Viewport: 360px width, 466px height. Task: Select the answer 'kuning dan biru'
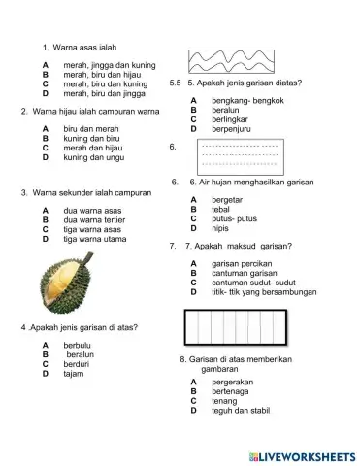click(91, 138)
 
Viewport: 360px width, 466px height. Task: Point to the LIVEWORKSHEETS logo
click(300, 454)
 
